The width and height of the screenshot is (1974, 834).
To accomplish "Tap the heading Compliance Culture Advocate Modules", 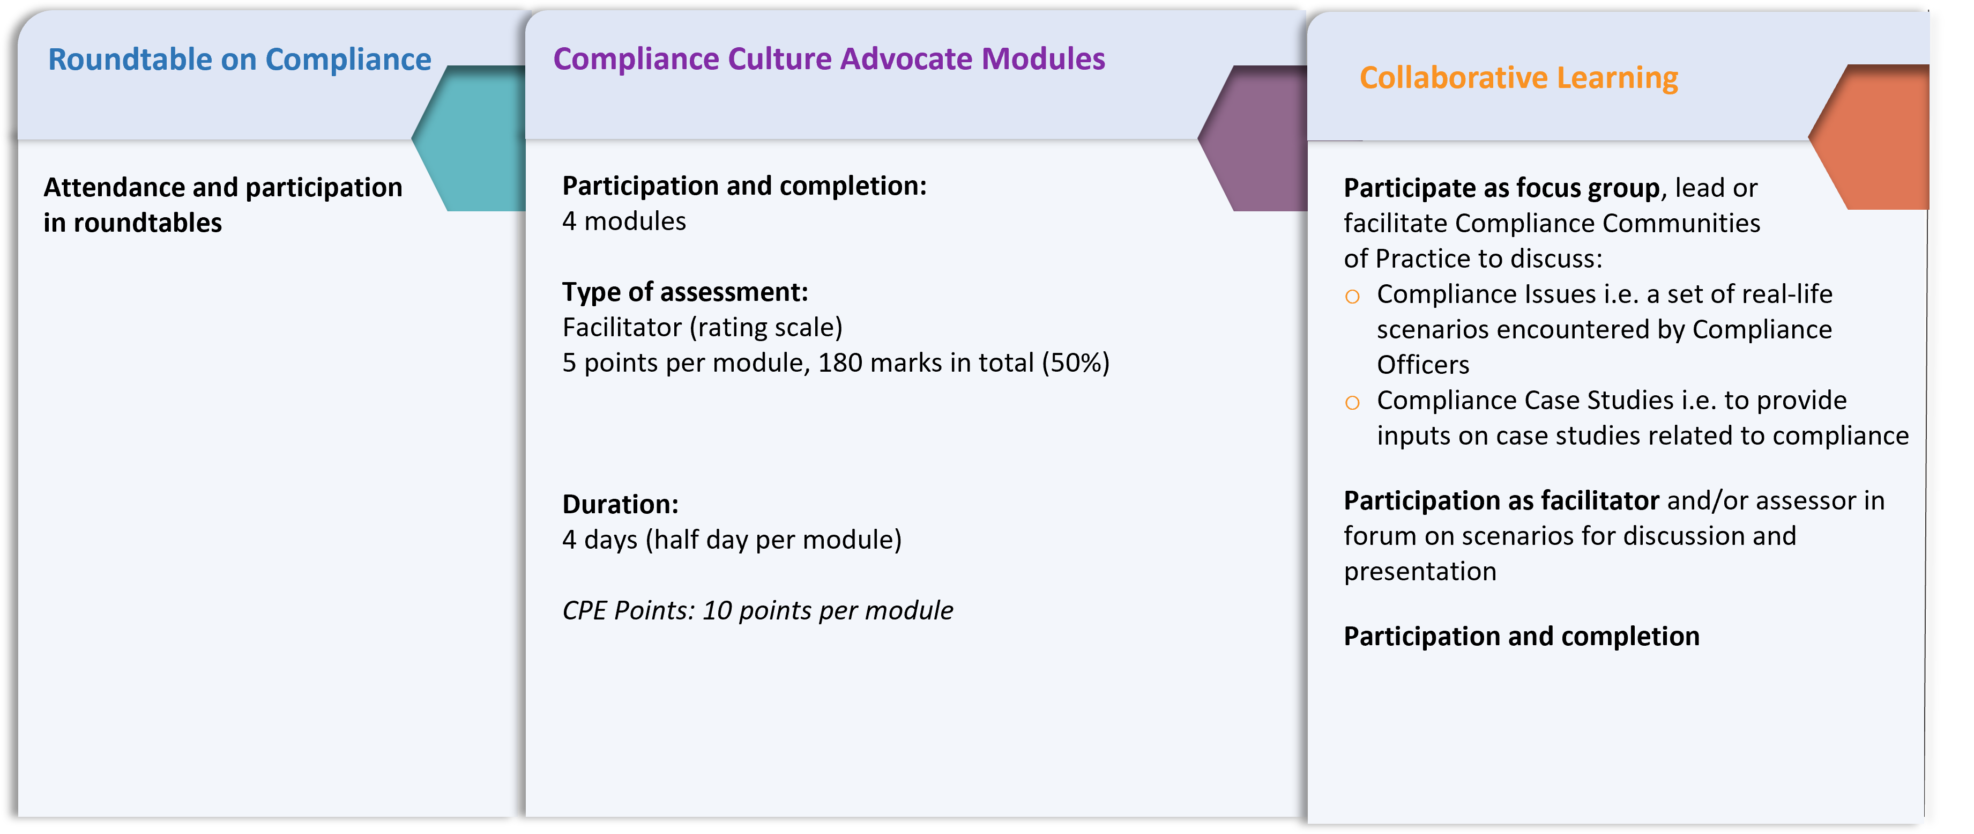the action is (829, 59).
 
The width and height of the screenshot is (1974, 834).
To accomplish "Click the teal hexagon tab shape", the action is (469, 138).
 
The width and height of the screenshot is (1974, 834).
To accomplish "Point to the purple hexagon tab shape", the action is (1254, 138).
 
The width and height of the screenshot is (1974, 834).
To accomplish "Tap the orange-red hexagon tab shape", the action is (1870, 136).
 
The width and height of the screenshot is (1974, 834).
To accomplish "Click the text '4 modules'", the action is (624, 222).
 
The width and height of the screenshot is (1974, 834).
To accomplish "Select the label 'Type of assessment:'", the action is (685, 292).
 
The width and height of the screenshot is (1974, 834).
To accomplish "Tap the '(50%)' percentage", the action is (1075, 363).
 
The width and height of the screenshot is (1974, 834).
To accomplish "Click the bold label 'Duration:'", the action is (620, 504).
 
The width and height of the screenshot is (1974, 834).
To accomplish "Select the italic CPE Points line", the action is (757, 611).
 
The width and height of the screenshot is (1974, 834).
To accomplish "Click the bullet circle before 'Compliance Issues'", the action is (1352, 297).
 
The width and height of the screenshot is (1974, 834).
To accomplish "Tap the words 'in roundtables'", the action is (132, 223).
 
